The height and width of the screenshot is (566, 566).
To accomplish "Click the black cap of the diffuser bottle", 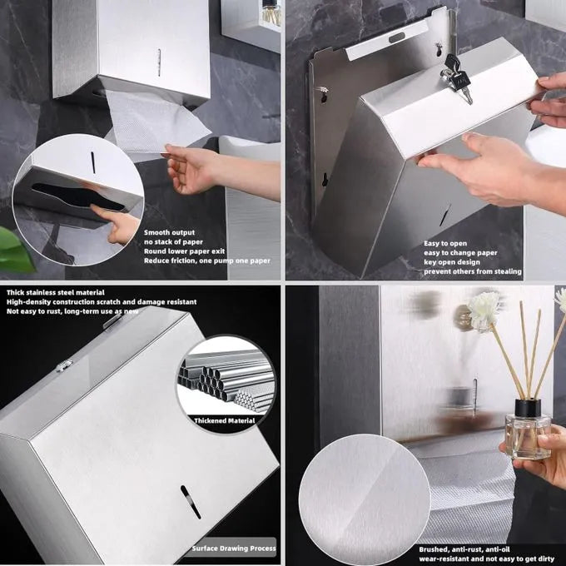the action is (528, 408).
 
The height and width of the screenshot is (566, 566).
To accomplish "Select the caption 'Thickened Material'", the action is (225, 420).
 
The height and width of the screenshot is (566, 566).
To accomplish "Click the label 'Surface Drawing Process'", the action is (234, 549).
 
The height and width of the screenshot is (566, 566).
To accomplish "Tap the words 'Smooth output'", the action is (169, 232).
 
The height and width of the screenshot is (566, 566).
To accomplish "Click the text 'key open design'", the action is (452, 262).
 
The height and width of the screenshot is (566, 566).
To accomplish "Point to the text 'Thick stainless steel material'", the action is (55, 292).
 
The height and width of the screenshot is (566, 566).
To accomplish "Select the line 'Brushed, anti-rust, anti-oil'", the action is (464, 549).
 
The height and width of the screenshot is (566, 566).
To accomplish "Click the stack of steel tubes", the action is (226, 381).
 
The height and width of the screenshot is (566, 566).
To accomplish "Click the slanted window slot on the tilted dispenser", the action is (191, 502).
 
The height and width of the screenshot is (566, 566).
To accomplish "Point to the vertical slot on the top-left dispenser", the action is (159, 62).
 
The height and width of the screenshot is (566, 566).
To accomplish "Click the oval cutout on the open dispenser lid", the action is (396, 37).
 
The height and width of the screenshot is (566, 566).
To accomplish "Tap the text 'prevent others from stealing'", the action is (473, 271).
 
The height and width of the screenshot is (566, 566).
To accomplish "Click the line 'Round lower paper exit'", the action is (184, 251).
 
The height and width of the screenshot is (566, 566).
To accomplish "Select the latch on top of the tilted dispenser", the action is (64, 366).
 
